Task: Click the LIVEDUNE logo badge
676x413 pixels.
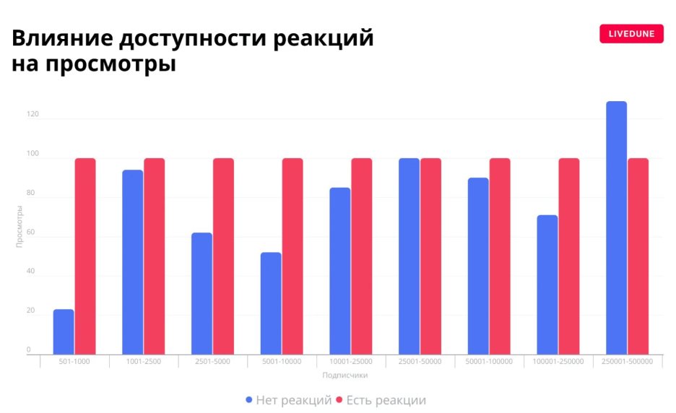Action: pyautogui.click(x=631, y=34)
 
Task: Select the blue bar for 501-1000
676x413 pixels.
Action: pyautogui.click(x=64, y=332)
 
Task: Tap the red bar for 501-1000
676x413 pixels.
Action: pyautogui.click(x=85, y=256)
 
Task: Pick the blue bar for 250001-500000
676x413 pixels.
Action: pyautogui.click(x=616, y=228)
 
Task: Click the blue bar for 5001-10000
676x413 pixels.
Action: pyautogui.click(x=271, y=303)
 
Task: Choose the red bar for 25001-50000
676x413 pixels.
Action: pyautogui.click(x=430, y=256)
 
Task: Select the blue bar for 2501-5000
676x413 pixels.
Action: pyautogui.click(x=202, y=294)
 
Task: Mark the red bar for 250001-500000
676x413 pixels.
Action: pyautogui.click(x=638, y=256)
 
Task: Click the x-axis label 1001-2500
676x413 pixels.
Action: pyautogui.click(x=144, y=362)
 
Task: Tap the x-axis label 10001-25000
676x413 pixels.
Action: pyautogui.click(x=351, y=362)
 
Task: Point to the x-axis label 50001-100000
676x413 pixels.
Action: pyautogui.click(x=489, y=362)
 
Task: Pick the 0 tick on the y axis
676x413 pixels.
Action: pyautogui.click(x=29, y=350)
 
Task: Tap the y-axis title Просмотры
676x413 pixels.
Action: pyautogui.click(x=19, y=227)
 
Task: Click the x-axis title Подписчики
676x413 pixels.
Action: pyautogui.click(x=345, y=375)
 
